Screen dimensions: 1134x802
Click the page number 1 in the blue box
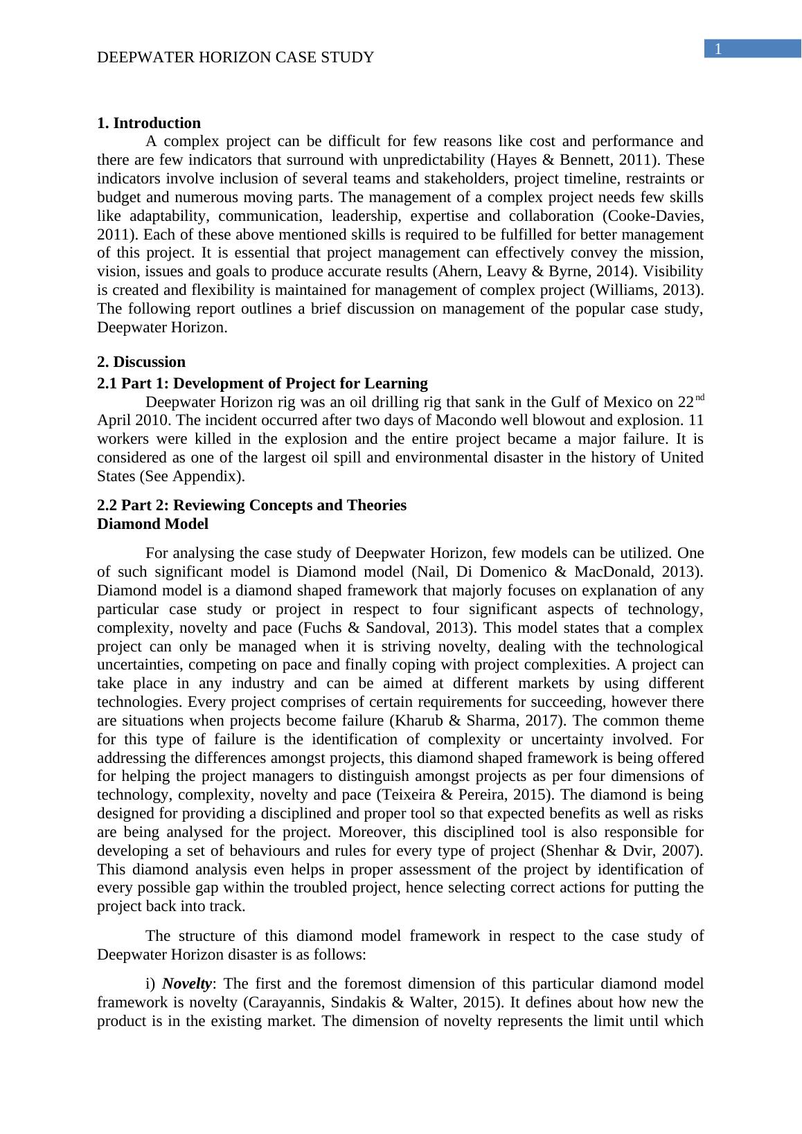[x=719, y=49]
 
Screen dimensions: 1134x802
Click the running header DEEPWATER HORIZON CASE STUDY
[x=235, y=57]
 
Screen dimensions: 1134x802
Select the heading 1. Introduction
[x=149, y=123]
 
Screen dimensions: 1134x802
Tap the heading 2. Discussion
[x=141, y=362]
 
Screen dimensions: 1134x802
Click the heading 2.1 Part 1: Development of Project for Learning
[x=262, y=384]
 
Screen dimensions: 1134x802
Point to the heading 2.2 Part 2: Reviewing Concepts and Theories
[x=251, y=505]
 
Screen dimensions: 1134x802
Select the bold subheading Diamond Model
[x=152, y=524]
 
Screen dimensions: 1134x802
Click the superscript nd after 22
[x=699, y=398]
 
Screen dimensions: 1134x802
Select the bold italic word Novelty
[x=186, y=984]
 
